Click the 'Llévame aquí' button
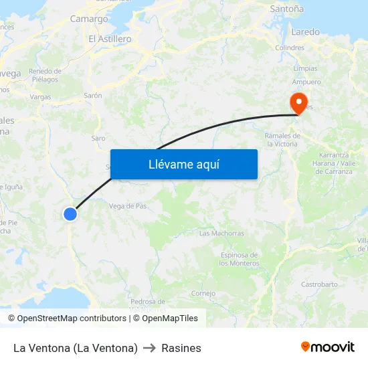(184, 164)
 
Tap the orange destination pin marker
(298, 103)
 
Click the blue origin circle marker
(70, 213)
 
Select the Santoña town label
(286, 9)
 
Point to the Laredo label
(306, 31)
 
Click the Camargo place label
(89, 19)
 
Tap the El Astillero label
(110, 39)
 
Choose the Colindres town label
(290, 48)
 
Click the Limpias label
(305, 68)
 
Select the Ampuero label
(306, 82)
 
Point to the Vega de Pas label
(127, 206)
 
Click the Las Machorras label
(221, 234)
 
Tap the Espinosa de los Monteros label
(239, 259)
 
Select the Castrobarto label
(319, 284)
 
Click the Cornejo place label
(203, 293)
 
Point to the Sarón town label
(93, 96)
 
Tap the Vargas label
(40, 97)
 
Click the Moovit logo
(327, 347)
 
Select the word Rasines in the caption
(181, 348)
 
